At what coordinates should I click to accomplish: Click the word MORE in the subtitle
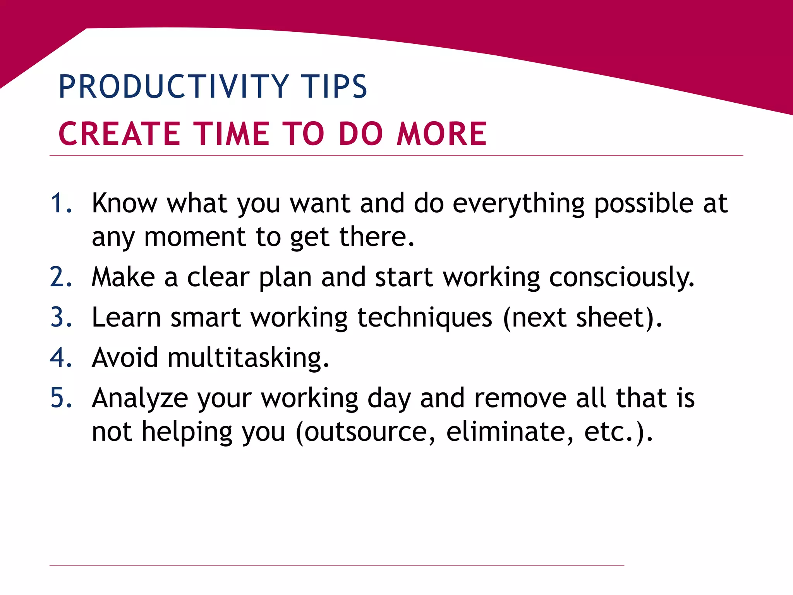tap(442, 134)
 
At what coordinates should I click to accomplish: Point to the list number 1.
tap(61, 203)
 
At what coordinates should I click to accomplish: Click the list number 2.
tap(61, 277)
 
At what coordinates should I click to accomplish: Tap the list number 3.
tap(61, 318)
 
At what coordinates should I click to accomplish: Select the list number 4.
tap(61, 358)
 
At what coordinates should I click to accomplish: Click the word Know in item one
tap(125, 203)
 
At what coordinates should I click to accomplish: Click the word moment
tap(195, 237)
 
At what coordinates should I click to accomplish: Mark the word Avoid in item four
tap(125, 358)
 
